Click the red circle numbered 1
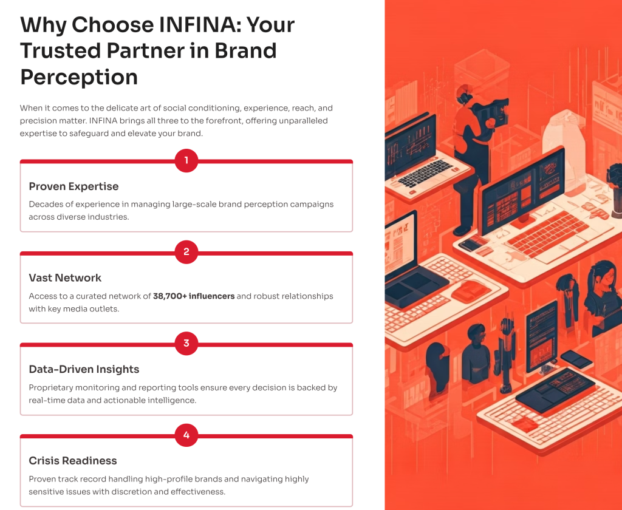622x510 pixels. pyautogui.click(x=186, y=161)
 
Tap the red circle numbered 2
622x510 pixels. pyautogui.click(x=186, y=252)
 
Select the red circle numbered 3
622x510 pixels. pyautogui.click(x=186, y=344)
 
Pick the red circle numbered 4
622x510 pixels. pyautogui.click(x=186, y=435)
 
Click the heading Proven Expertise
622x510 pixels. pyautogui.click(x=73, y=186)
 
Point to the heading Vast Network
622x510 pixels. pyautogui.click(x=65, y=277)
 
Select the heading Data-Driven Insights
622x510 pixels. pyautogui.click(x=84, y=369)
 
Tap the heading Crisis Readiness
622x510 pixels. pyautogui.click(x=73, y=460)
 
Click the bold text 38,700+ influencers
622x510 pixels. pyautogui.click(x=194, y=296)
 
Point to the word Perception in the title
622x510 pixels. pyautogui.click(x=79, y=77)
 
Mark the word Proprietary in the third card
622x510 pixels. pyautogui.click(x=51, y=388)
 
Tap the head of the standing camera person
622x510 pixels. pyautogui.click(x=464, y=94)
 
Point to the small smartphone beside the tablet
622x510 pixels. pyautogui.click(x=576, y=358)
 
